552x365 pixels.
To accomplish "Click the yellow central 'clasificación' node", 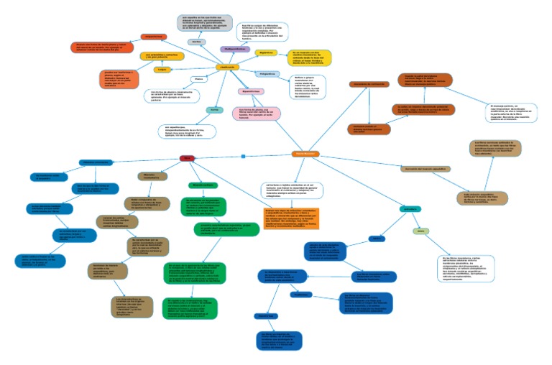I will coord(226,66).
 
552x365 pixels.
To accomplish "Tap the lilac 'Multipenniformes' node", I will coord(234,49).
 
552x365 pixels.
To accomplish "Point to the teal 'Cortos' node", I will coord(213,109).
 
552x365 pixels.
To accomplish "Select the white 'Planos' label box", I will coord(199,78).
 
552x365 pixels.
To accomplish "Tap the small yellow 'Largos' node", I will coord(162,70).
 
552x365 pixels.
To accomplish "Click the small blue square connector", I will coord(243,156).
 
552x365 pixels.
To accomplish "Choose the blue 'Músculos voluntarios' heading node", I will coord(95,162).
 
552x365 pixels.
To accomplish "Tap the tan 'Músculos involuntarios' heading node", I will coord(152,176).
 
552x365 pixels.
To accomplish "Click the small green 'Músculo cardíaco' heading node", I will coord(202,185).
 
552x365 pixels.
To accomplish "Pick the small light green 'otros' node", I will coord(420,231).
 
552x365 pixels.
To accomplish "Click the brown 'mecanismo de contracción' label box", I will coord(369,84).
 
